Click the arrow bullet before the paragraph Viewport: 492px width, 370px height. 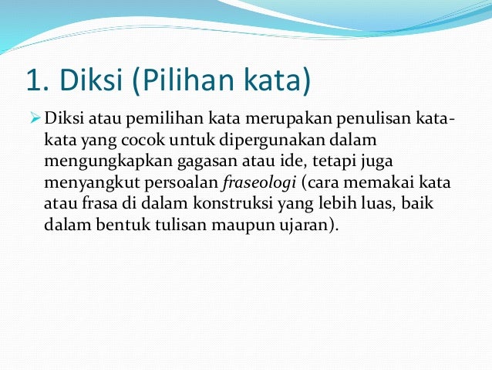click(35, 121)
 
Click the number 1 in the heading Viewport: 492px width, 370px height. click(32, 80)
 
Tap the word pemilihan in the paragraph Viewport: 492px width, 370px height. click(154, 121)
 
